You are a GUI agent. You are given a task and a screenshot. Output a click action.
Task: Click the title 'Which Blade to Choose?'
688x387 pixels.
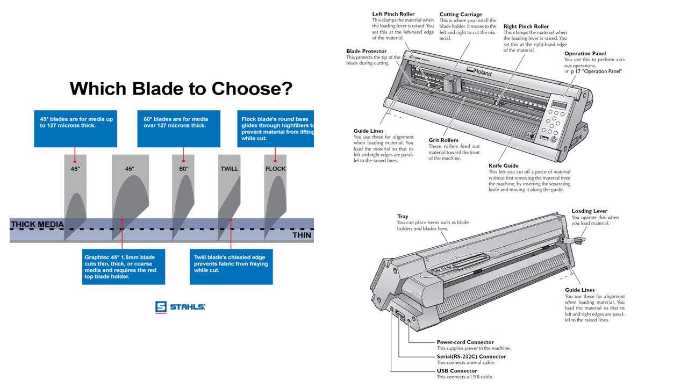(x=181, y=88)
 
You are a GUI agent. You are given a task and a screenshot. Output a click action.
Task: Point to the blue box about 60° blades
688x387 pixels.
(x=178, y=128)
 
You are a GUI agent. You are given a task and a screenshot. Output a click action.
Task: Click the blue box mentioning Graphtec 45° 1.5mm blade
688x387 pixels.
(x=124, y=267)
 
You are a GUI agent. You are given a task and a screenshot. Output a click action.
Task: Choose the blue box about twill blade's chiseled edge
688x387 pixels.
(x=232, y=267)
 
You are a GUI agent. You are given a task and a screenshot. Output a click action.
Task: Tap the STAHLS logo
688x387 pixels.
(x=181, y=307)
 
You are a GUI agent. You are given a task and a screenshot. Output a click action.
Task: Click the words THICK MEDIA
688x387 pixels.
(x=37, y=224)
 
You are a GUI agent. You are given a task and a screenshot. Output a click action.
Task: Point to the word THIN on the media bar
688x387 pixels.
(x=302, y=235)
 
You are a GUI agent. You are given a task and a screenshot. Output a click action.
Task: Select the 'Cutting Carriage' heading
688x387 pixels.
(x=461, y=15)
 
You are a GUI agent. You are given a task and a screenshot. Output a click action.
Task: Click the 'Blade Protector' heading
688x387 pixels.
(x=366, y=51)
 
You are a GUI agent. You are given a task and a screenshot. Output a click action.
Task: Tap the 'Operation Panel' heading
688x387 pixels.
(x=585, y=53)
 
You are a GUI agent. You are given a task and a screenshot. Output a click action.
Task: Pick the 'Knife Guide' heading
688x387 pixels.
(x=503, y=166)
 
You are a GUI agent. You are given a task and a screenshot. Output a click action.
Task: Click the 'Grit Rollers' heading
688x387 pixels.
(x=443, y=140)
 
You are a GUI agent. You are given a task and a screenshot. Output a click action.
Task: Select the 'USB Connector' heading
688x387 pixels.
(x=456, y=371)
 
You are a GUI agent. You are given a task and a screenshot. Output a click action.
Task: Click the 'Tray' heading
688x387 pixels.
(x=403, y=217)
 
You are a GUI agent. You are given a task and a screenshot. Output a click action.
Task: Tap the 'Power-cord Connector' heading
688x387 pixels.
(x=465, y=342)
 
